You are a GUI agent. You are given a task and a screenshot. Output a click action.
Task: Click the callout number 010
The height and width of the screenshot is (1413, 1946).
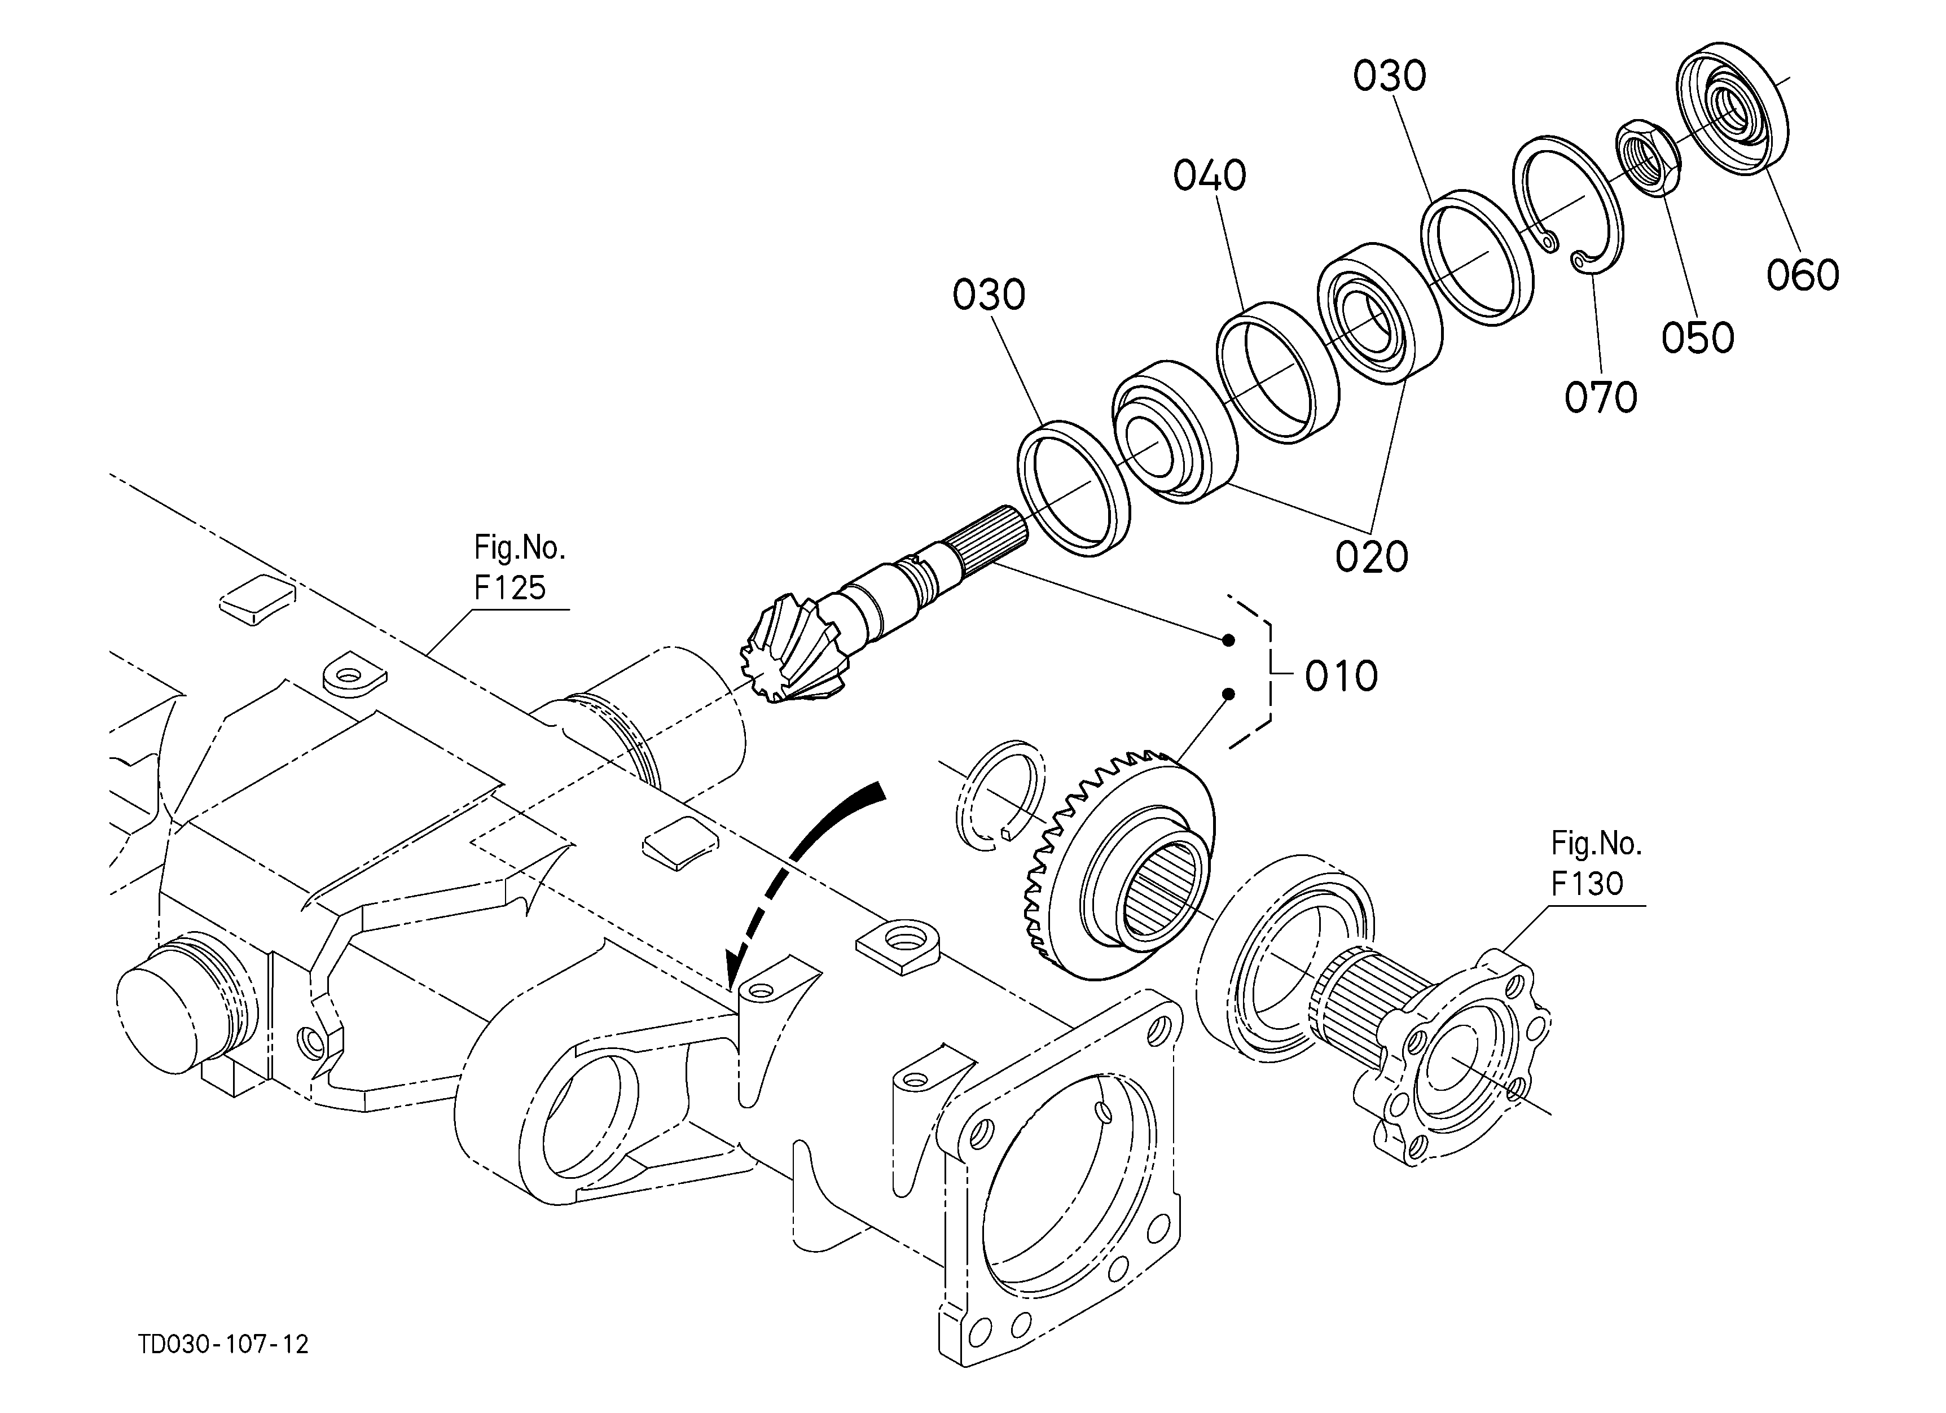(1341, 677)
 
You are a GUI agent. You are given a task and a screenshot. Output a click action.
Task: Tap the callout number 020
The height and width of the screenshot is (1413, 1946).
(1371, 557)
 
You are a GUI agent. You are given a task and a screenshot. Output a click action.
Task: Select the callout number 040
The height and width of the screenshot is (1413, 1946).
(1210, 176)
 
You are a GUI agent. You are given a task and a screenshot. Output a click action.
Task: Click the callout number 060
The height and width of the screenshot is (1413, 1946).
(1803, 275)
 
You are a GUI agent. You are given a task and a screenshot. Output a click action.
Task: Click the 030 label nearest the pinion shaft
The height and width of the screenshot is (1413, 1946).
(989, 295)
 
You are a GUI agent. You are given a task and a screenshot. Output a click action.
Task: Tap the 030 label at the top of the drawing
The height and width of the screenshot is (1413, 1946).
(1390, 76)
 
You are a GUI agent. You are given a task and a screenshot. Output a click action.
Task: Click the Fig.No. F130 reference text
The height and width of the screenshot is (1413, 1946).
(1596, 863)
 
